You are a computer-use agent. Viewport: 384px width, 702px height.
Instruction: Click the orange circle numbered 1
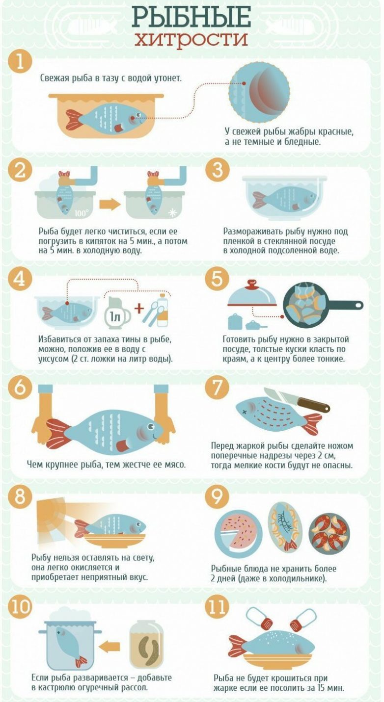21,61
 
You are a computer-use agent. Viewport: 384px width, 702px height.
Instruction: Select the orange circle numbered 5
217,278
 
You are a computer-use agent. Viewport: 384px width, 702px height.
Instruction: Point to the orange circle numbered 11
217,606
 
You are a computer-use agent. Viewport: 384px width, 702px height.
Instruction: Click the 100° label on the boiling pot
82,213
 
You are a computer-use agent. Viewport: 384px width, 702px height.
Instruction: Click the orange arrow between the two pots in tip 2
110,205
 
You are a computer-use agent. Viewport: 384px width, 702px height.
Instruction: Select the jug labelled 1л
116,313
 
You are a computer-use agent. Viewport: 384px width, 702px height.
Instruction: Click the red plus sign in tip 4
139,309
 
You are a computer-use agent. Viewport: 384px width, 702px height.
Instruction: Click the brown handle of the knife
314,404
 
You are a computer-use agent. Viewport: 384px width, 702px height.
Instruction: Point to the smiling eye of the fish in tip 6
151,426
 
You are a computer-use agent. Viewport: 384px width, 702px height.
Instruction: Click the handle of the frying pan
345,305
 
